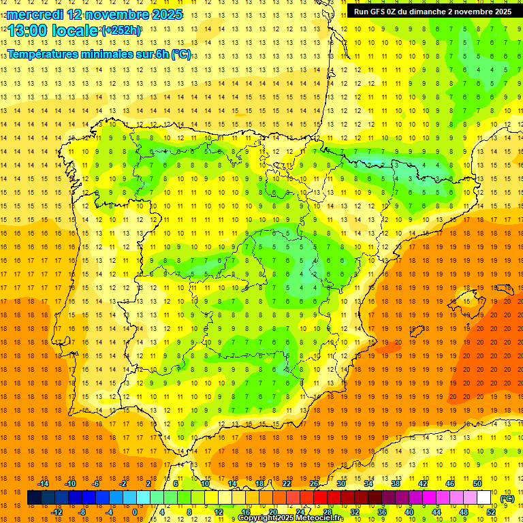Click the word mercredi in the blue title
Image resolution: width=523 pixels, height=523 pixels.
[x=35, y=14]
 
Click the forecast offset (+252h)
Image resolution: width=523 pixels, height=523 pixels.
[x=121, y=31]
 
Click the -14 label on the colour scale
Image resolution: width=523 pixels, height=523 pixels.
[x=44, y=484]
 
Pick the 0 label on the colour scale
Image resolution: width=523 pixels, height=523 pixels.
[x=134, y=512]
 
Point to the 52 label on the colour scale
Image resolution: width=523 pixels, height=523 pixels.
[x=491, y=512]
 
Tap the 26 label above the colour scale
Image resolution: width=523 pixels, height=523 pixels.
[x=314, y=484]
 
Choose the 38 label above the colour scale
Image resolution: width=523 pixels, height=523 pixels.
[x=396, y=484]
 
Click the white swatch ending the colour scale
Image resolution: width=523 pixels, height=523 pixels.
[x=484, y=498]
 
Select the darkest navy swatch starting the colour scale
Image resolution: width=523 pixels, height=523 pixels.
[x=34, y=498]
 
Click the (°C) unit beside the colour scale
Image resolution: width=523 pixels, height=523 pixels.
[x=507, y=498]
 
